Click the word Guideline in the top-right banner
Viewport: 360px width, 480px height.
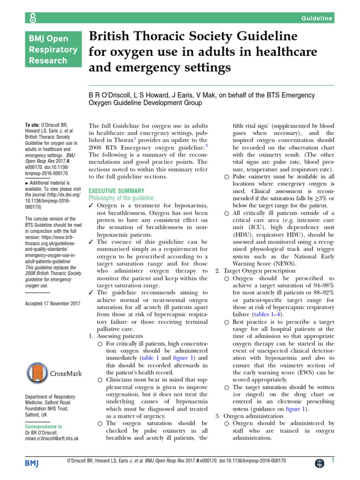click(x=317, y=18)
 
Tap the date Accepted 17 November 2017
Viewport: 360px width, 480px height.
click(x=52, y=303)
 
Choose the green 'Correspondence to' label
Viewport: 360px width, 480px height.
click(x=43, y=427)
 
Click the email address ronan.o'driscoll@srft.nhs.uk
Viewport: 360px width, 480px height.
click(x=52, y=438)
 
